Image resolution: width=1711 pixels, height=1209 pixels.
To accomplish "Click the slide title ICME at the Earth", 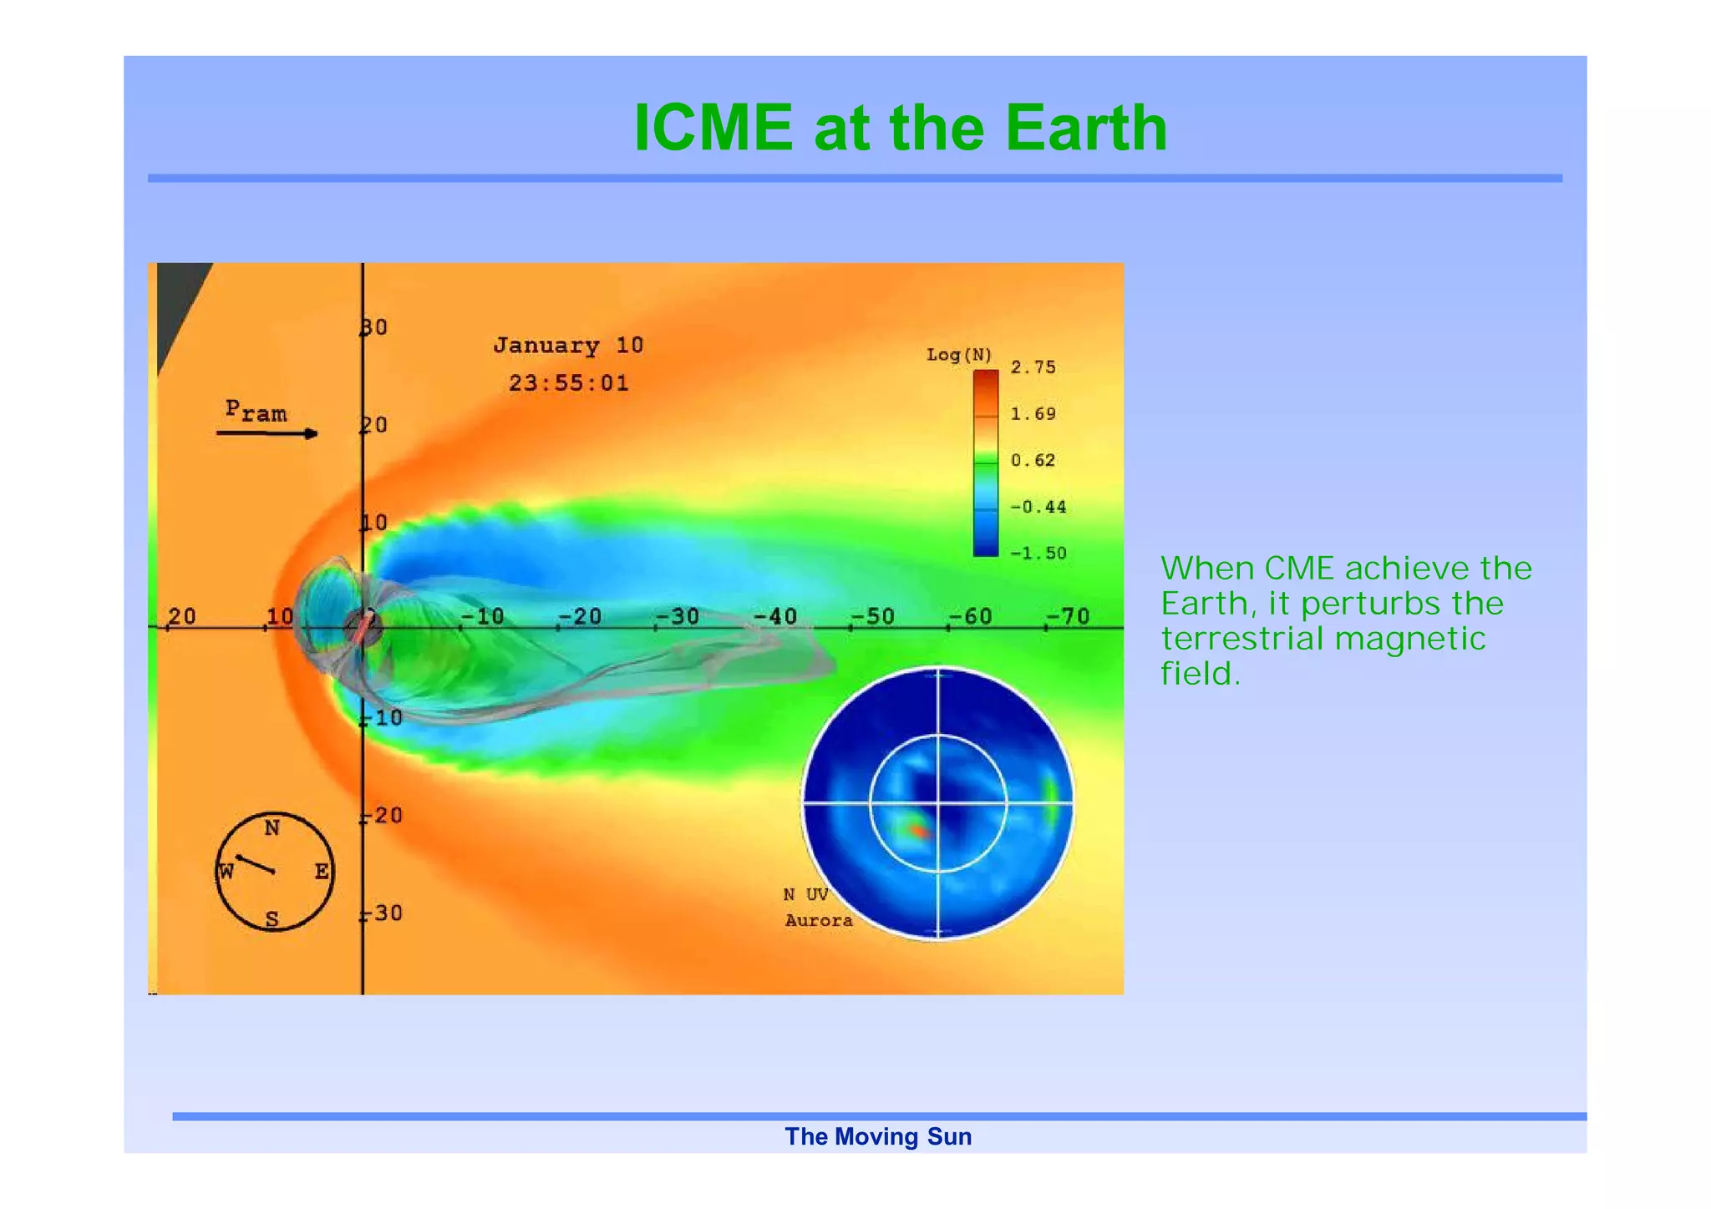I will (900, 128).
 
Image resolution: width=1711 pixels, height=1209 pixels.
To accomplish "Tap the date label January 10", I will (568, 345).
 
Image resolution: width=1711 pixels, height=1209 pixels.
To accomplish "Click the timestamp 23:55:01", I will (568, 383).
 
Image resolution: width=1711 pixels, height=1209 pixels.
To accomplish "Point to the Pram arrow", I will (267, 433).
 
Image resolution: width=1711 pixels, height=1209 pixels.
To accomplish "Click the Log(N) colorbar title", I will (958, 355).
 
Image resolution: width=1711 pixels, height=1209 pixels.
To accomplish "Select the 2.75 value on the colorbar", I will (1033, 367).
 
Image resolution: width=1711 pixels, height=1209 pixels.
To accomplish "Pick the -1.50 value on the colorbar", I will (1038, 553).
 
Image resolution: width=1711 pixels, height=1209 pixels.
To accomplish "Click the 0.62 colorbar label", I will (1033, 460).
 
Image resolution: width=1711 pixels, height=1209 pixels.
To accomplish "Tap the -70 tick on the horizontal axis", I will (1069, 616).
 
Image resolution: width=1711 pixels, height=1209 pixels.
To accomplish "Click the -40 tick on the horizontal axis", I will (775, 616).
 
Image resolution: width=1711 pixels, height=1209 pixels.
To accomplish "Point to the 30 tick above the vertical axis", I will (374, 327).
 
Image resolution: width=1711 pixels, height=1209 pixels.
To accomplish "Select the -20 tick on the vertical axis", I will (383, 815).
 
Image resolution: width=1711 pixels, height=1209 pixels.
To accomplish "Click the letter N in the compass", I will (272, 828).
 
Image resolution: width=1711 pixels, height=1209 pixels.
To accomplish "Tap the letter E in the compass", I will (322, 872).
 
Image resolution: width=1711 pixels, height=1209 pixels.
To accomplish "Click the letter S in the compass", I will (272, 919).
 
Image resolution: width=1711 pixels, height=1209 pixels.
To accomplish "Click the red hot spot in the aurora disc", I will (918, 831).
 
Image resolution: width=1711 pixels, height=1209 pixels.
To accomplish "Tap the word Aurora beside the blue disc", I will (819, 920).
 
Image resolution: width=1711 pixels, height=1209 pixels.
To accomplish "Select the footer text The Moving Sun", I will (877, 1136).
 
